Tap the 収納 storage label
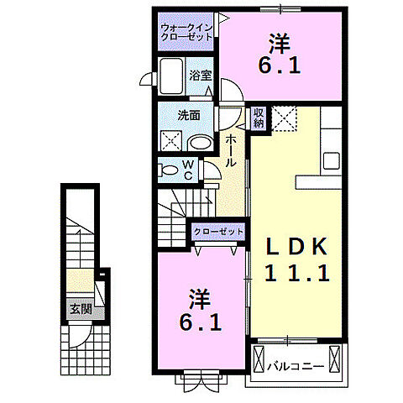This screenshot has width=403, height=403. (x=259, y=118)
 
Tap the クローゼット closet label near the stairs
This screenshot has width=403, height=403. (x=218, y=231)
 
